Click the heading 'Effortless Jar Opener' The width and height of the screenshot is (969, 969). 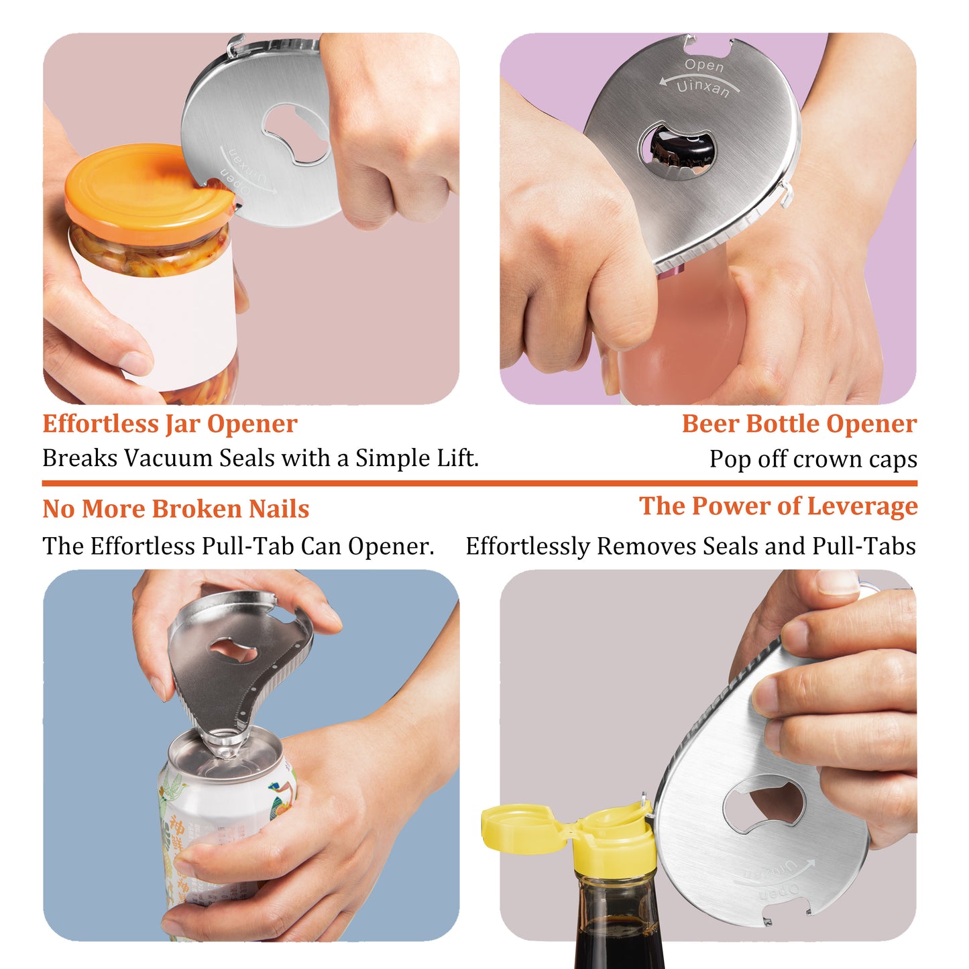coord(170,424)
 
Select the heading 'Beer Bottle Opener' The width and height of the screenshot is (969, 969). coord(799,424)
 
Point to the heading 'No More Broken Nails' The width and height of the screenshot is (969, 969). coord(176,509)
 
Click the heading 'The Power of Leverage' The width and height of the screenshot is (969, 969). coord(778,506)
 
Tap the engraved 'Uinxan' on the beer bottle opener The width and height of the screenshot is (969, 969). coord(702,88)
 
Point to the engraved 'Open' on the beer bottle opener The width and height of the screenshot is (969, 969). coord(703,66)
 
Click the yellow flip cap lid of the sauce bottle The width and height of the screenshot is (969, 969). coord(516,828)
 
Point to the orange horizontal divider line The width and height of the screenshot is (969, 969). coord(479,483)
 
